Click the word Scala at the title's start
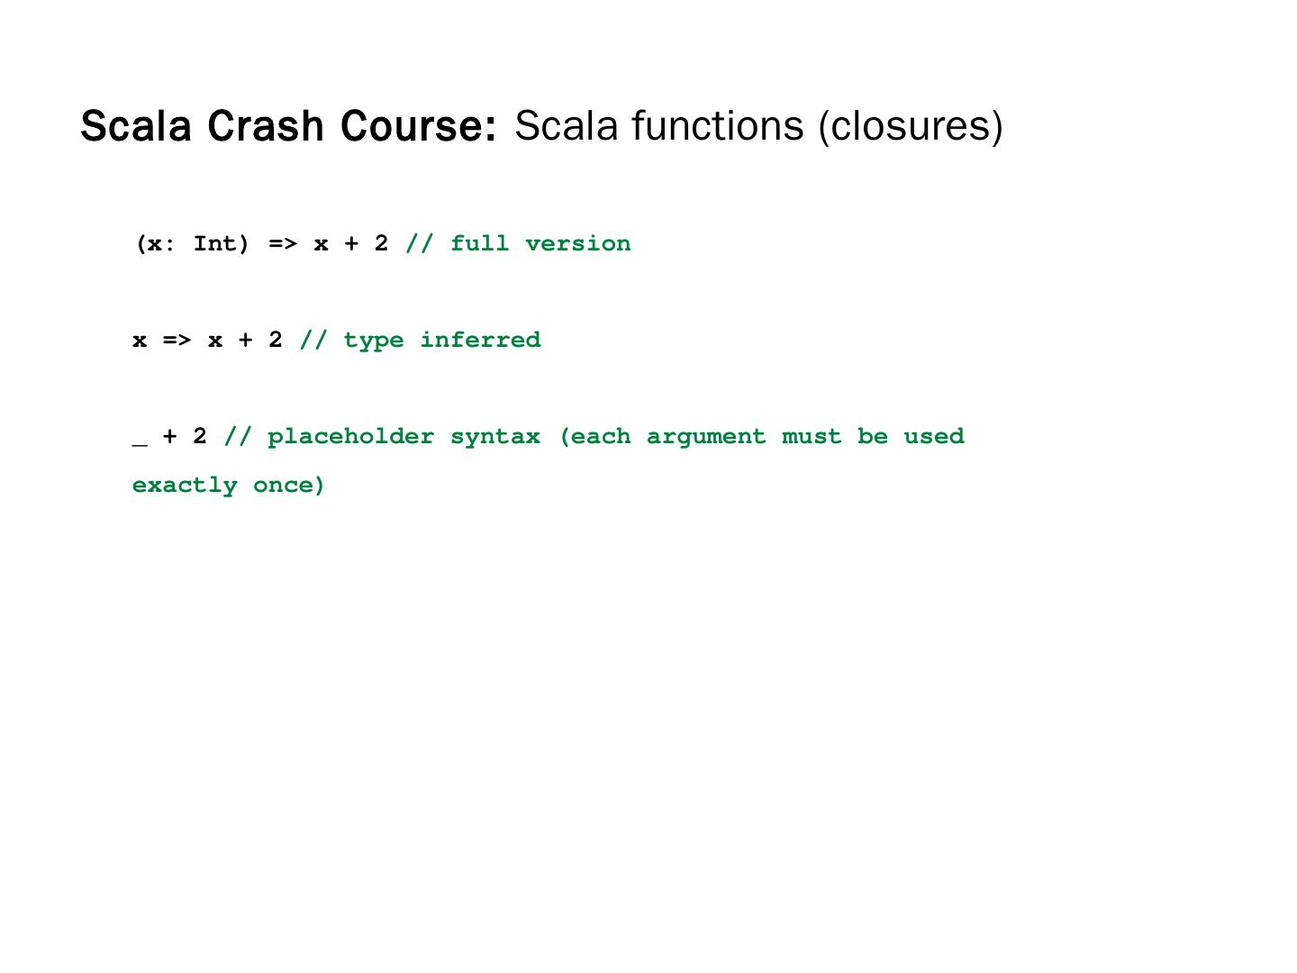tap(136, 126)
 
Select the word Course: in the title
tap(418, 126)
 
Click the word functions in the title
tap(717, 126)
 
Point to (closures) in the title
tap(910, 126)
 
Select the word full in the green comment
tap(479, 244)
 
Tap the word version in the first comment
tap(577, 244)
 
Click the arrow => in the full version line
tap(282, 244)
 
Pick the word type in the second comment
tap(374, 341)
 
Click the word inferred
tap(480, 341)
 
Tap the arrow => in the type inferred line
tap(177, 341)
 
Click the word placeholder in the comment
tap(350, 437)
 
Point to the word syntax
tap(495, 437)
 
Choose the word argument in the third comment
tap(705, 437)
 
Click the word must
tap(811, 437)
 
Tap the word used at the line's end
tap(933, 437)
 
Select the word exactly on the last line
tap(185, 486)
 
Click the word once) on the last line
tap(289, 486)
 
